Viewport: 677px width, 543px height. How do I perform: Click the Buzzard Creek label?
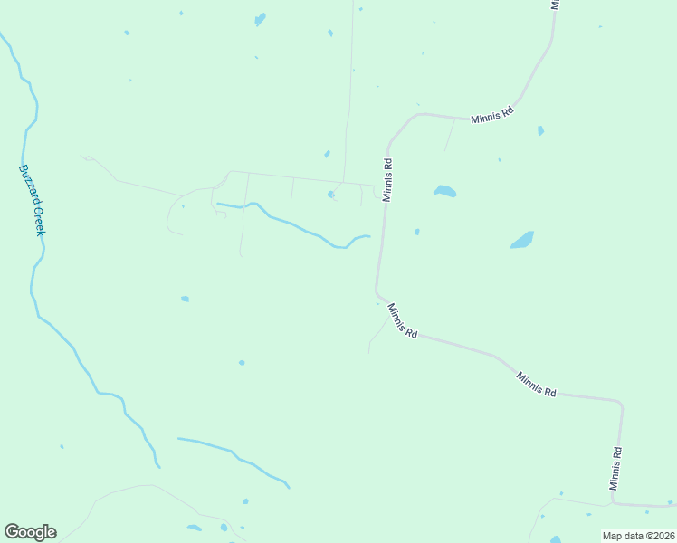click(33, 200)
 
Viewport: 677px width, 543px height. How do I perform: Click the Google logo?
click(30, 532)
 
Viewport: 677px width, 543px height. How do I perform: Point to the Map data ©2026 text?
click(637, 536)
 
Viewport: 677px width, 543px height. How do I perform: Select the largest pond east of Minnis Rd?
click(522, 240)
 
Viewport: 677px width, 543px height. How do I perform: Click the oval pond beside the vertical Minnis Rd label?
click(444, 191)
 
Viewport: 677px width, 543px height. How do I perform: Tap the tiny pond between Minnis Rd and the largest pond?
click(416, 232)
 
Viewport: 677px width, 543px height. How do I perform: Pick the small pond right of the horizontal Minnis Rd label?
click(540, 130)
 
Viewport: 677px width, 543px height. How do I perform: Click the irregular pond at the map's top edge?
click(261, 18)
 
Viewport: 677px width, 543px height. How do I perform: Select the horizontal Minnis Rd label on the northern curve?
click(491, 115)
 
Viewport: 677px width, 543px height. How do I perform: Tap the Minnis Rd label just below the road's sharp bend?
click(402, 321)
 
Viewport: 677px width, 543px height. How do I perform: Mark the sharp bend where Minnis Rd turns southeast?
click(378, 293)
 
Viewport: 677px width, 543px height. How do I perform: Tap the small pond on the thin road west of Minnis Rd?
click(331, 194)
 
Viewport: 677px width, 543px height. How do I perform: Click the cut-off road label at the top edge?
click(556, 5)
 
